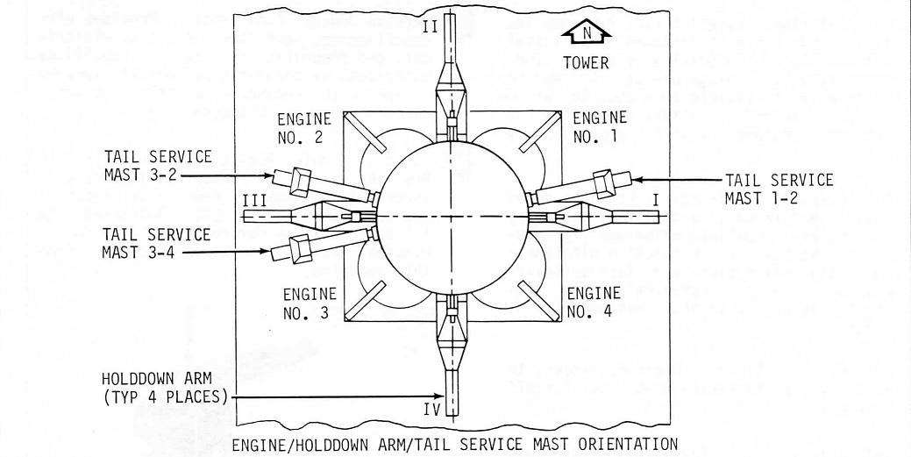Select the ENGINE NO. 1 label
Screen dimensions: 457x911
click(x=600, y=126)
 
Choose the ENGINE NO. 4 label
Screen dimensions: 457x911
click(x=593, y=301)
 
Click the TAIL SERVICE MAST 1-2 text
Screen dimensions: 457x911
click(x=779, y=189)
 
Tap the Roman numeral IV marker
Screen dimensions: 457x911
click(x=430, y=407)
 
